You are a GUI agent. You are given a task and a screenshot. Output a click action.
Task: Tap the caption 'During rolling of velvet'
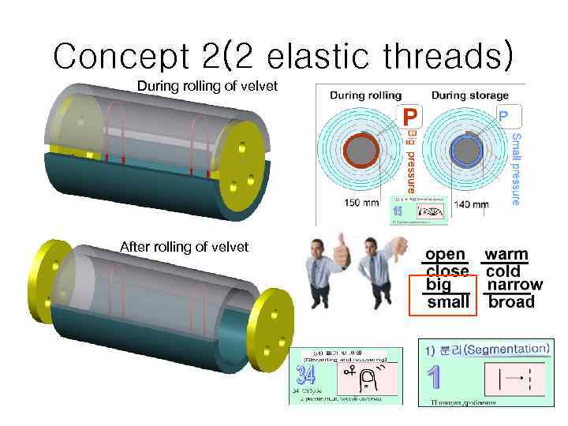click(207, 85)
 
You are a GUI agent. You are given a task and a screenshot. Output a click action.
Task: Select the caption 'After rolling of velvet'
click(184, 247)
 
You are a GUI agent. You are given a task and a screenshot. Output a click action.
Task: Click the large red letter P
click(409, 118)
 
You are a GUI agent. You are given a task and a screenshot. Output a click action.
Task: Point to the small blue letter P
click(503, 115)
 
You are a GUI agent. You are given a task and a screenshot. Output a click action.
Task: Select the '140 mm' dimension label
click(471, 204)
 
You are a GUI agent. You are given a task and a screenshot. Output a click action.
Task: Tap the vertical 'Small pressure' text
click(515, 168)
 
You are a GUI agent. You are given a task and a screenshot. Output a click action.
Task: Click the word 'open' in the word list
click(446, 255)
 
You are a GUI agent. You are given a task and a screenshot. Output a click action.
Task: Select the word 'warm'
click(506, 255)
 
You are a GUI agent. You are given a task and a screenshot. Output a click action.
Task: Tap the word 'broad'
click(511, 301)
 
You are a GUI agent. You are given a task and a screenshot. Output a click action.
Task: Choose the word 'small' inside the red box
click(447, 301)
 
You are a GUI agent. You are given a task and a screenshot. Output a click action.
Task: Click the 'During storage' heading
click(469, 95)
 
